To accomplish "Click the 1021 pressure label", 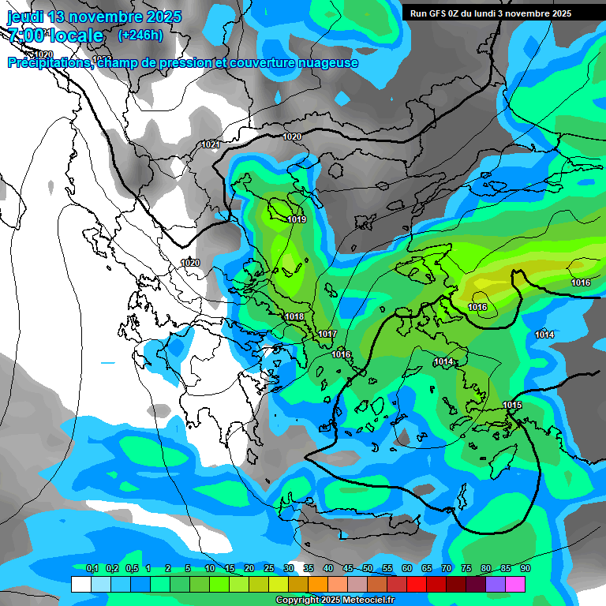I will click(210, 144).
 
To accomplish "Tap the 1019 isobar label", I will click(297, 220).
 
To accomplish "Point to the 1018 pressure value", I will click(294, 317).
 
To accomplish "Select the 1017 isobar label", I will click(327, 335).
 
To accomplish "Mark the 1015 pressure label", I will click(512, 406).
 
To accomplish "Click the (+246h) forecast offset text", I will click(140, 35).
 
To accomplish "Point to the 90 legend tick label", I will click(525, 569).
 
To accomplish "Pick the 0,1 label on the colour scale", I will click(92, 569).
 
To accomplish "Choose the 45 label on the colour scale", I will click(348, 569).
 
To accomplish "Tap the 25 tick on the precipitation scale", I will click(269, 569).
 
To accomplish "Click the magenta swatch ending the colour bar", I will click(515, 584).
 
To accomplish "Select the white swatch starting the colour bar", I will click(80, 584).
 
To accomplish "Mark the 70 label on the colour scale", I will click(447, 569).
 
